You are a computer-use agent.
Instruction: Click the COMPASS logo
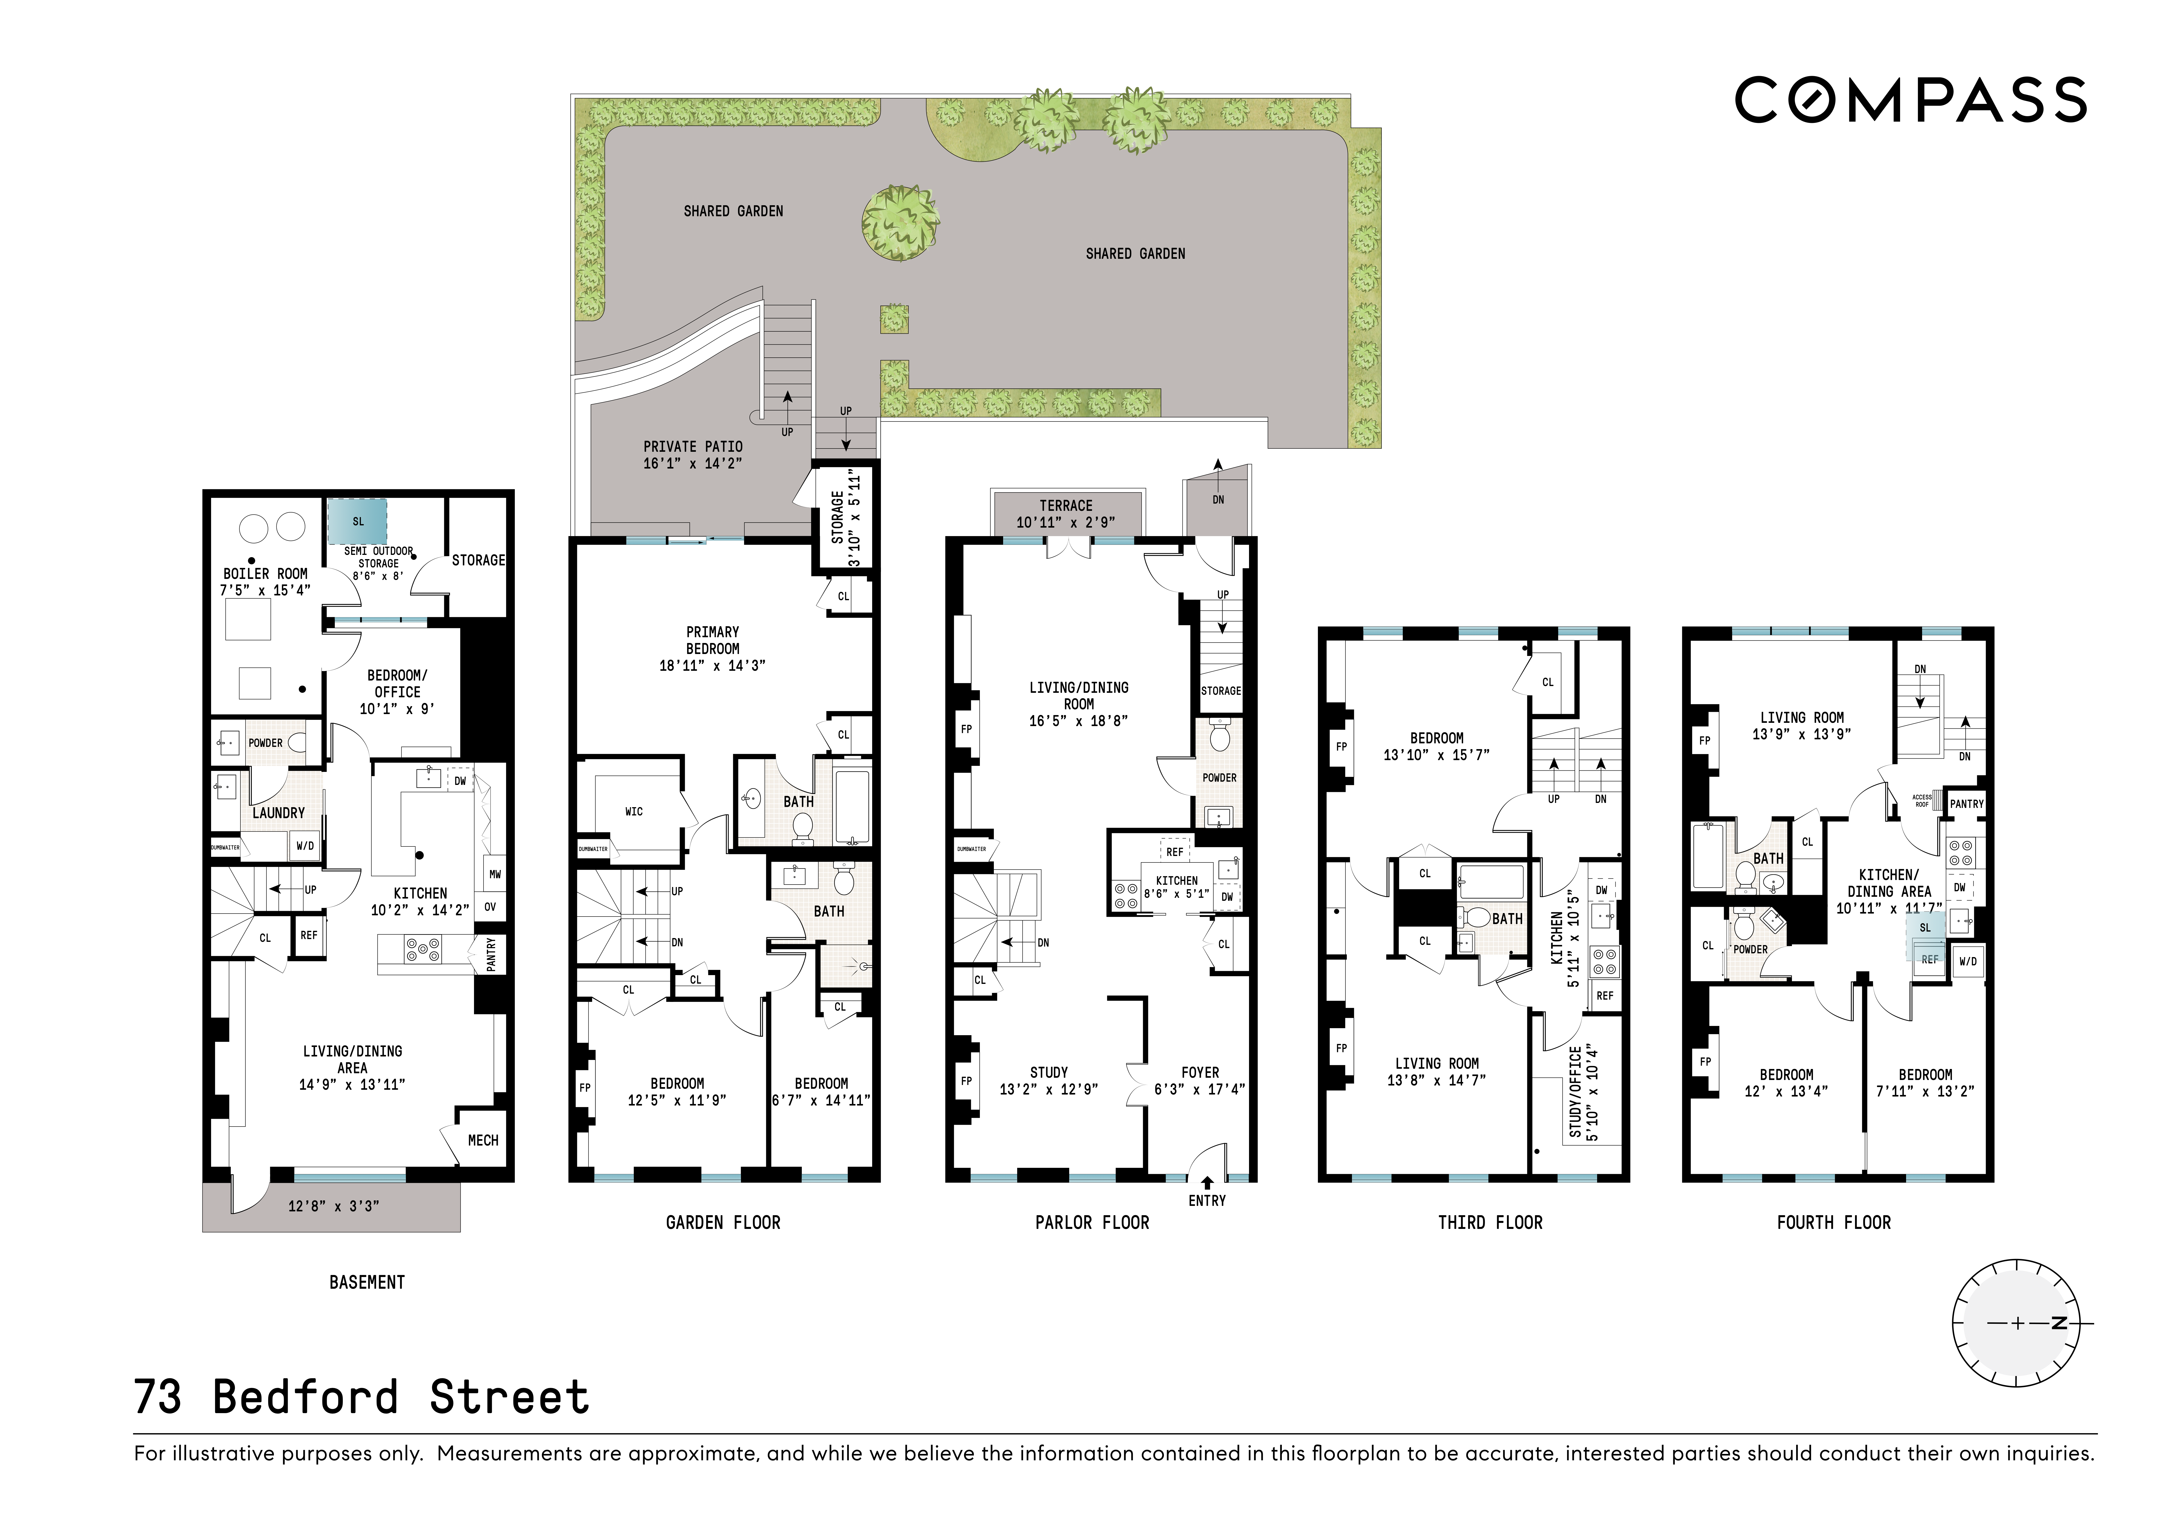[x=1910, y=101]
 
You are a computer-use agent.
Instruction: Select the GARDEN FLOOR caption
[x=723, y=1222]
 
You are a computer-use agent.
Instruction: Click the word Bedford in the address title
[x=305, y=1397]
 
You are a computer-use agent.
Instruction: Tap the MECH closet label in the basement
[x=483, y=1140]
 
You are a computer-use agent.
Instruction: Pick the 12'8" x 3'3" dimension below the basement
[x=334, y=1206]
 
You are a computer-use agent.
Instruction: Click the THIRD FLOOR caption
[x=1490, y=1222]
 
